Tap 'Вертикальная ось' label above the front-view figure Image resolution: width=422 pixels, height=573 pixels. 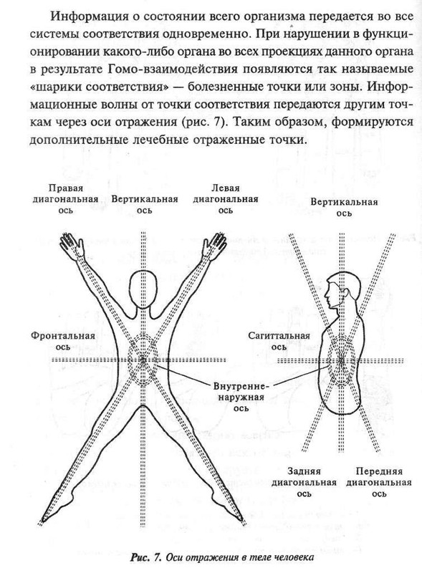point(145,203)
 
